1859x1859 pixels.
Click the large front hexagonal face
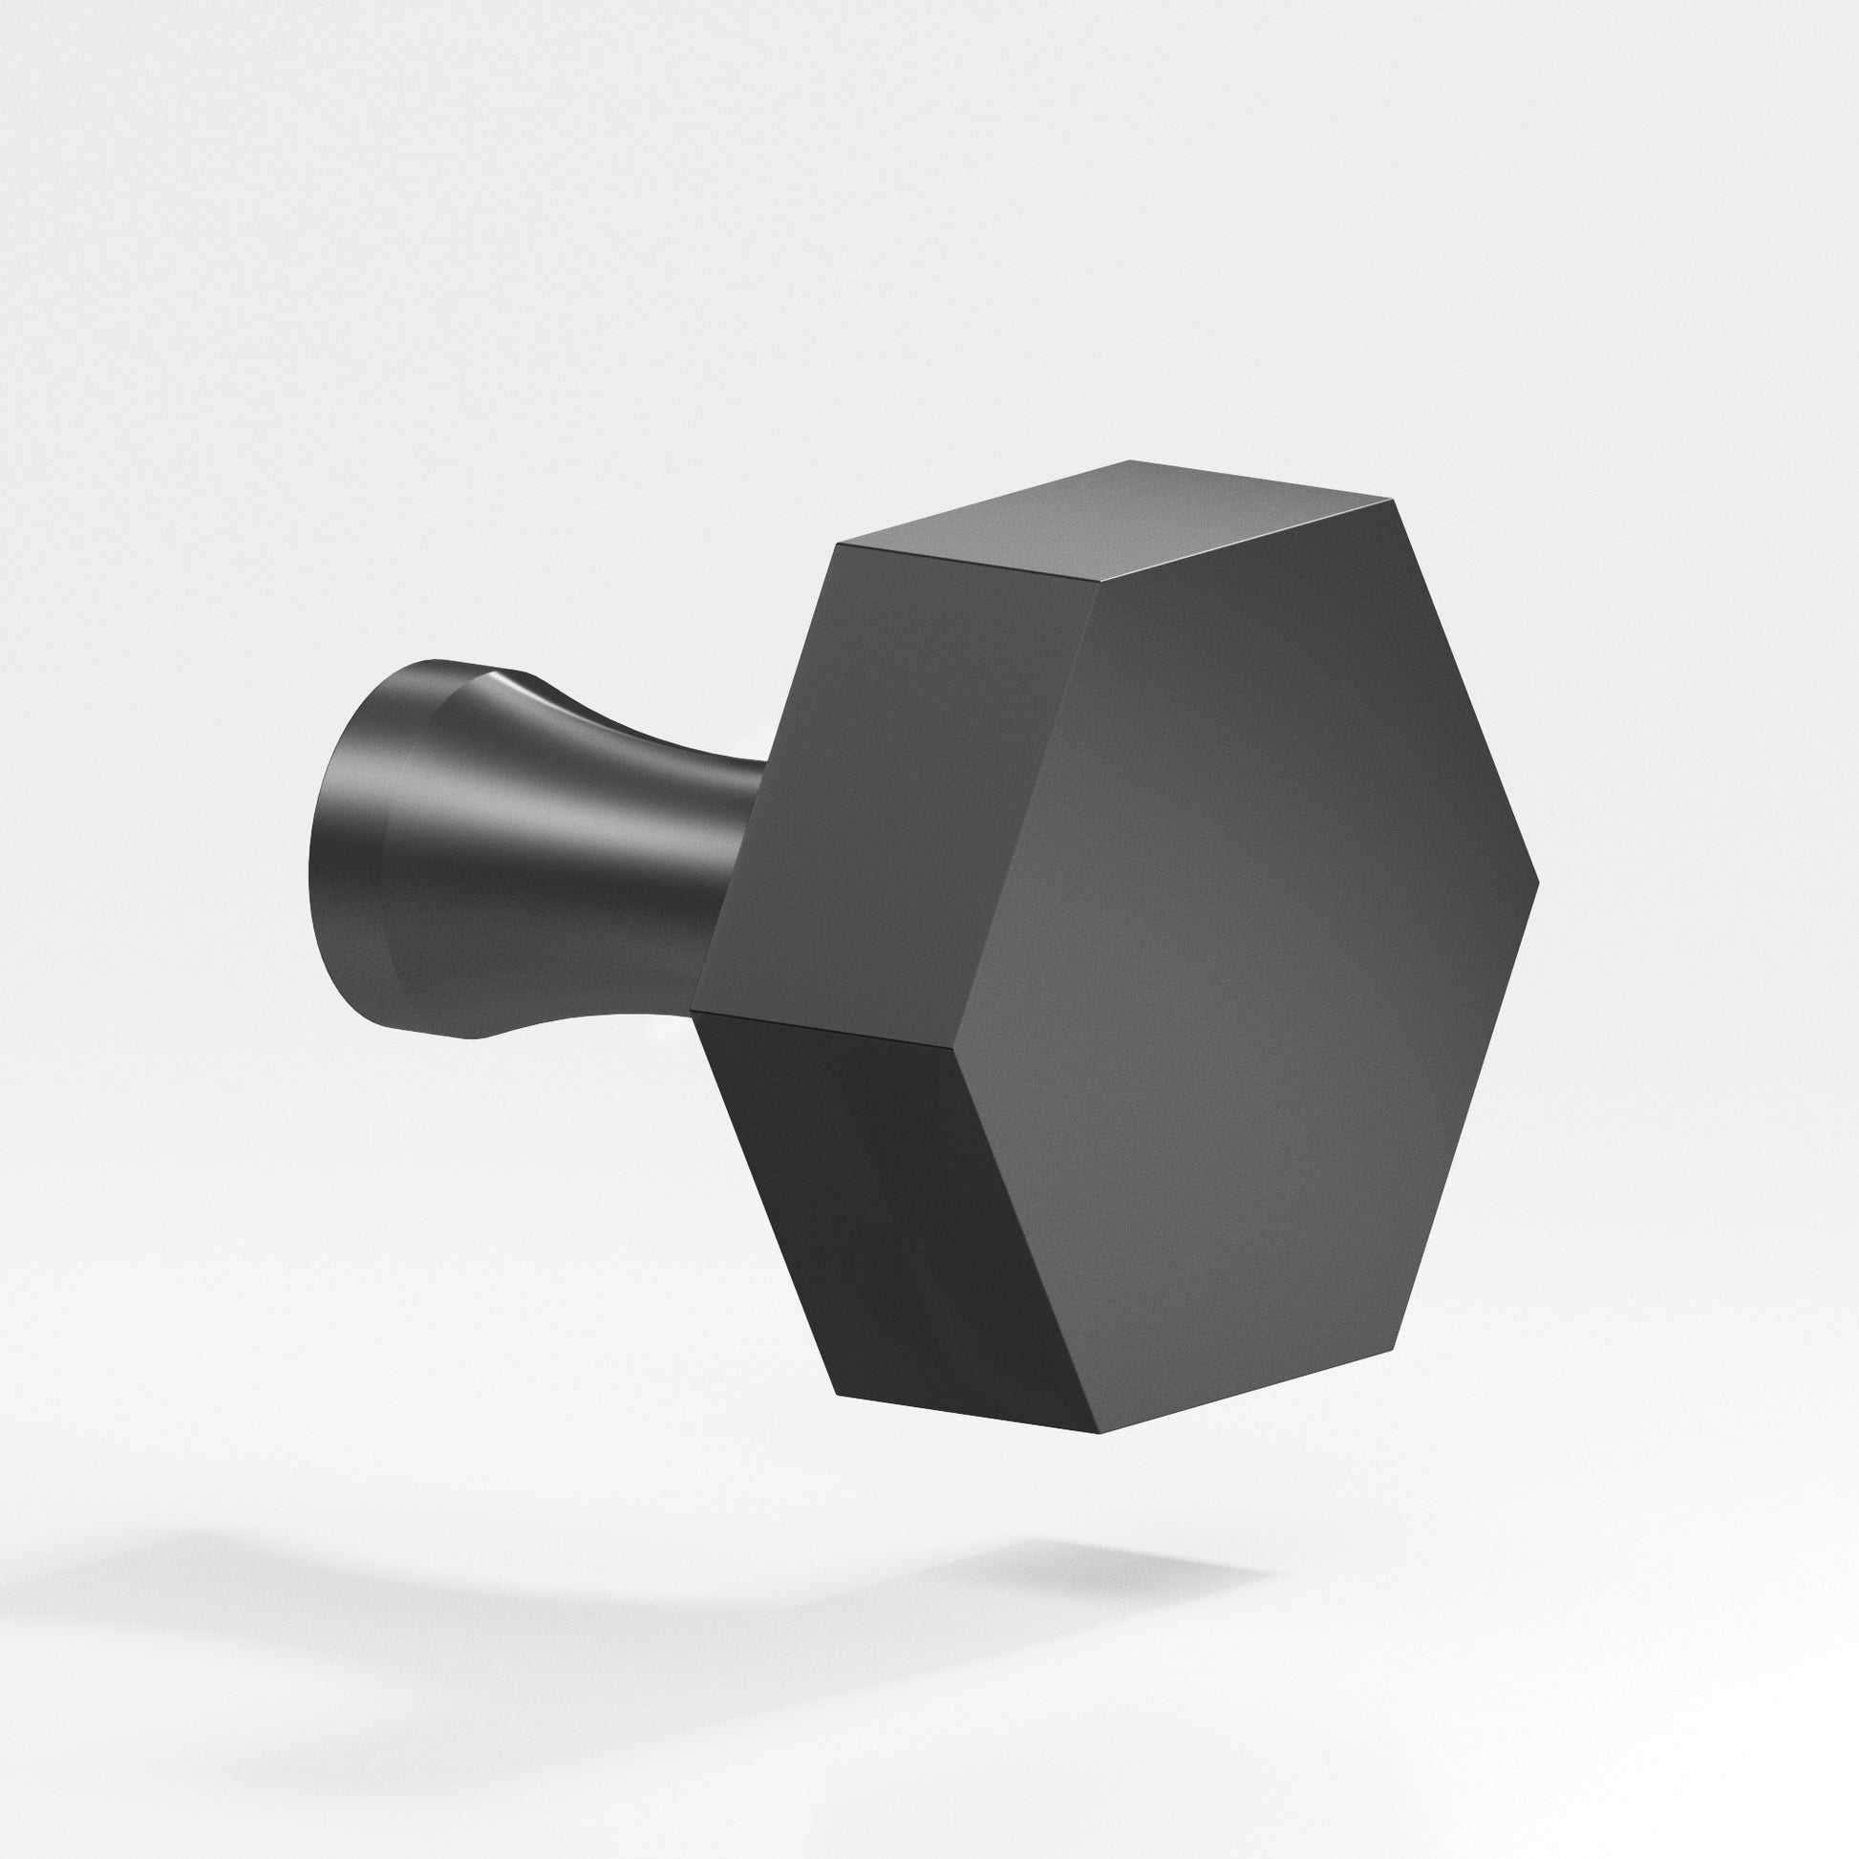pyautogui.click(x=1250, y=962)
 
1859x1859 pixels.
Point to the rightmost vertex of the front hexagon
pyautogui.click(x=1539, y=882)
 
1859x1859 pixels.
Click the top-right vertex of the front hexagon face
pyautogui.click(x=1392, y=501)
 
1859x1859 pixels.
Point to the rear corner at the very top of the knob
pyautogui.click(x=1133, y=460)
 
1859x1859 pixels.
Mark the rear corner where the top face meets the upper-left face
pyautogui.click(x=839, y=545)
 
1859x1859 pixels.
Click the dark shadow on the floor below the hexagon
pyautogui.click(x=1106, y=1578)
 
